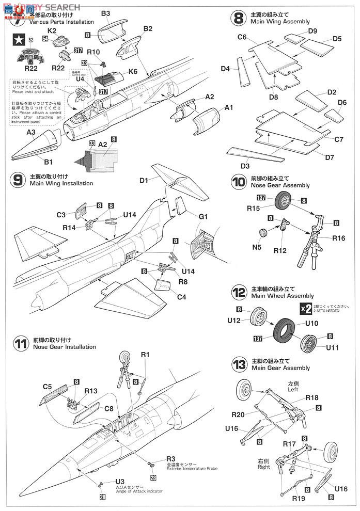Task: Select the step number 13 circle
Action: coord(238,365)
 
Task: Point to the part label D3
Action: coord(245,166)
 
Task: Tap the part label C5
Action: coord(48,386)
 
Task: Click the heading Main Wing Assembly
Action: coord(279,22)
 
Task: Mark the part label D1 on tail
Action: coord(143,180)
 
